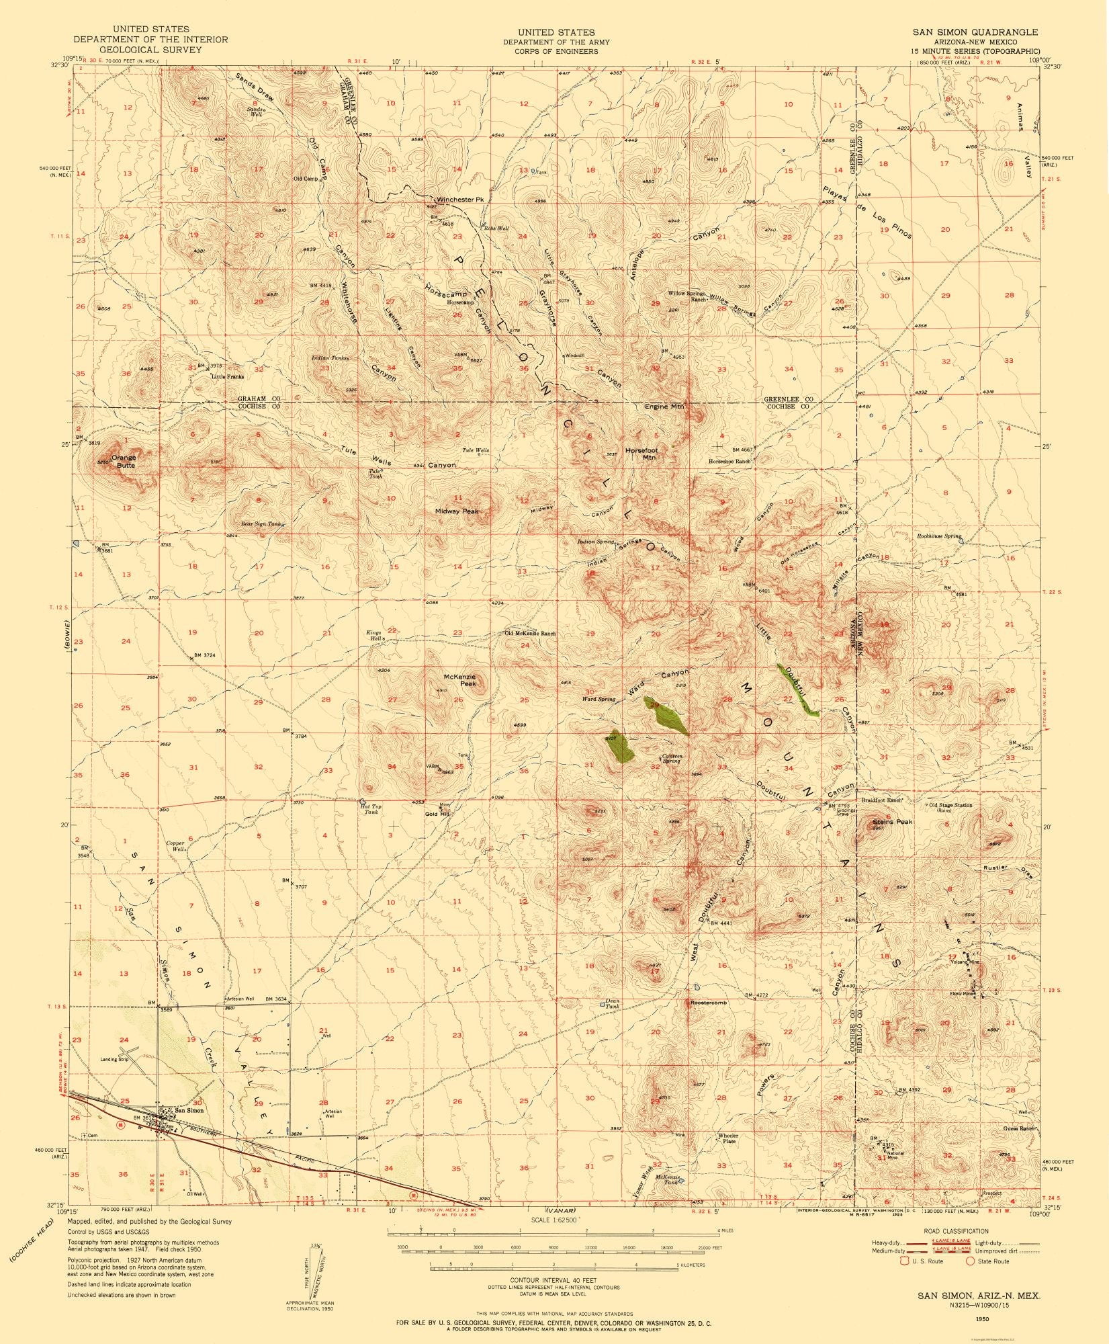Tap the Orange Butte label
(124, 461)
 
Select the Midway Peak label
(457, 511)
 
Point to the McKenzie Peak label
(460, 679)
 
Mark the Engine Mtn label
(665, 407)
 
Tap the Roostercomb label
(709, 1003)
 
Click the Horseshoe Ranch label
(729, 462)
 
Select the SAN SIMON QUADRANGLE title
(974, 32)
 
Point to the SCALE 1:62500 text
(554, 1220)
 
